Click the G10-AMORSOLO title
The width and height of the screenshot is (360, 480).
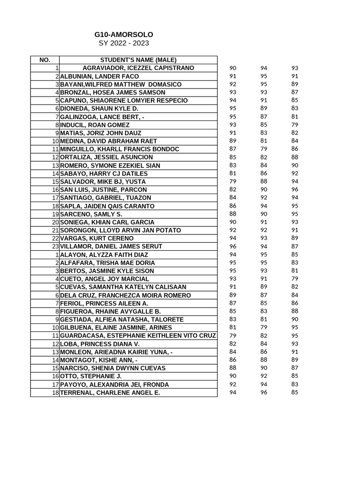coord(124,35)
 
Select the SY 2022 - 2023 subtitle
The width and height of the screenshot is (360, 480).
coord(124,43)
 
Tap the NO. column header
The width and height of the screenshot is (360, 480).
coord(45,60)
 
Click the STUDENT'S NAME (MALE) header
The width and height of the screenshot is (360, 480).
coord(138,60)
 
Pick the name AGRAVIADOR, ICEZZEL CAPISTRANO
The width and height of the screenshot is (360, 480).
coord(138,68)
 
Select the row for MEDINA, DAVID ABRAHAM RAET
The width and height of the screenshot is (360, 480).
coord(109,141)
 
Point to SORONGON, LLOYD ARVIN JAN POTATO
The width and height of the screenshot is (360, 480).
coord(120,230)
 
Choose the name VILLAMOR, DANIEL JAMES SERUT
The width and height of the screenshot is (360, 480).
coord(111,247)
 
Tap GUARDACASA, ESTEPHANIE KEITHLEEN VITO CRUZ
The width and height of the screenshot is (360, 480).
coord(138,336)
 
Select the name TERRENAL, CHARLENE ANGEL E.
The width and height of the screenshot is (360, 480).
coord(110,393)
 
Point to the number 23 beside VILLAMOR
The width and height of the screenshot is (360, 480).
coord(55,247)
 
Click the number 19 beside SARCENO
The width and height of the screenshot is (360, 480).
coord(55,214)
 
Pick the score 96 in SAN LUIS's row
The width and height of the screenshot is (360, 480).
coord(294,189)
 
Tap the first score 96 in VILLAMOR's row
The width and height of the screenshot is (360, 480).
coord(233,246)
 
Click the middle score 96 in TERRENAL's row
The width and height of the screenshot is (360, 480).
coord(264,392)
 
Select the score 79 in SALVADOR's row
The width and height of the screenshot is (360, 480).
coord(233,181)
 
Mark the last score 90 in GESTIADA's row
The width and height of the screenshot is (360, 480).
coord(294,319)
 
